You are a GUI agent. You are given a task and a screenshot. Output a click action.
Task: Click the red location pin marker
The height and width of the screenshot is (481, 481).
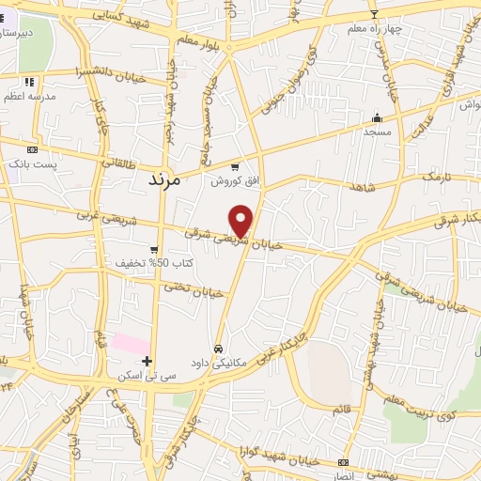click(x=241, y=221)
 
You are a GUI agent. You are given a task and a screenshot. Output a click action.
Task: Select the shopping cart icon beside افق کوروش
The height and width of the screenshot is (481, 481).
click(x=235, y=166)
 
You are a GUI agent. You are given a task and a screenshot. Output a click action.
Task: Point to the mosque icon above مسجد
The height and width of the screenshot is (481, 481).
click(x=378, y=118)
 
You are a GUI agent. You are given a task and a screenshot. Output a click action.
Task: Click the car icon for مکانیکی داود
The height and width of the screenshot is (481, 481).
click(x=218, y=349)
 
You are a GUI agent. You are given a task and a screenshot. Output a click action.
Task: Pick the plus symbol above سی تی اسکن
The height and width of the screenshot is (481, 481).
click(x=147, y=360)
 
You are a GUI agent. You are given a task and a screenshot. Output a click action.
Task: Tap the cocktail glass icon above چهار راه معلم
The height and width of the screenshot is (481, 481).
click(x=374, y=14)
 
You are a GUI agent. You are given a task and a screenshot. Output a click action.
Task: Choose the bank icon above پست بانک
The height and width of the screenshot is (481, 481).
click(x=32, y=149)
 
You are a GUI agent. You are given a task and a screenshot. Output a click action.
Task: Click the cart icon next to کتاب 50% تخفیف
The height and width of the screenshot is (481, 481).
click(x=153, y=250)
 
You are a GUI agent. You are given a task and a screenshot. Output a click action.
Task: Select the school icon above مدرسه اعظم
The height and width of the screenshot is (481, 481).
click(x=30, y=82)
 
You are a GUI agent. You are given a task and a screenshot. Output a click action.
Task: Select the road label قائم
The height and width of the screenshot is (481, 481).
click(x=341, y=409)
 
